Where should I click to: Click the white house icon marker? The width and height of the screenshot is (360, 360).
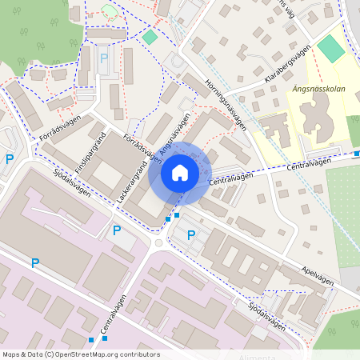coord(180,171)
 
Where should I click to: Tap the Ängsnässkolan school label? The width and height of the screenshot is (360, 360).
coord(319,90)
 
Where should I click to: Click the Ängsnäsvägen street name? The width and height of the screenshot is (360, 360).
coord(175,133)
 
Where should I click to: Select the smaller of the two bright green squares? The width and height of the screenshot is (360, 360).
coord(150,38)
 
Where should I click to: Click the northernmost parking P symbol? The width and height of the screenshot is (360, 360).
coord(103,58)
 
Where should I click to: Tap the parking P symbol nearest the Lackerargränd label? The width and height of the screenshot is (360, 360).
coord(117,230)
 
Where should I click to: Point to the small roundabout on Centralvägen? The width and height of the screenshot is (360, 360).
coord(159,242)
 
